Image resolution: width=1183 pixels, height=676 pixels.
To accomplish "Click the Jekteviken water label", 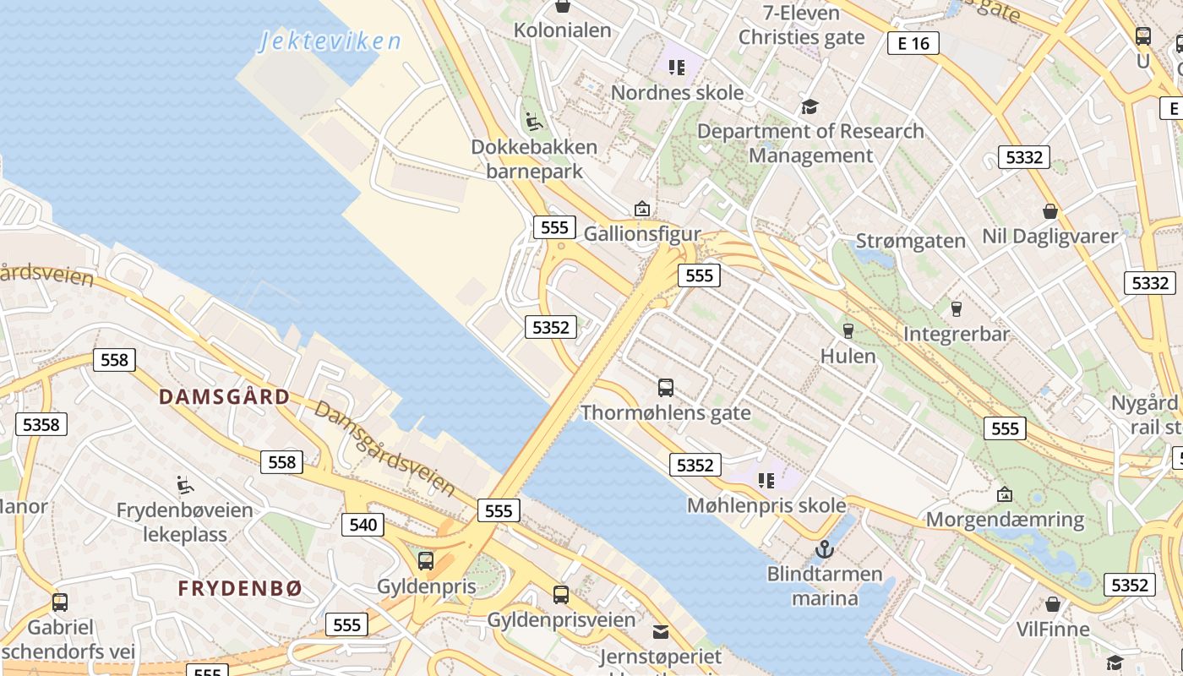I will click(330, 40).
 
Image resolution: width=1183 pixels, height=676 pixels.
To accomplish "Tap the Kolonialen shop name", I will click(562, 30).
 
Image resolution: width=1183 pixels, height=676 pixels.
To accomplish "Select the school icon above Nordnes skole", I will click(676, 67).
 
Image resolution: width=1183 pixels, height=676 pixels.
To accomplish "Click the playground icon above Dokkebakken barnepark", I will click(534, 123).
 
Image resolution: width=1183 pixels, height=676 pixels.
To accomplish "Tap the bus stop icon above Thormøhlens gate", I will click(666, 388).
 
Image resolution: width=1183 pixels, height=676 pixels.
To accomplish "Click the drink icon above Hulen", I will click(848, 330).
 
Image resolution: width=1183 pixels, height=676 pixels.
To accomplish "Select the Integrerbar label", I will click(957, 334).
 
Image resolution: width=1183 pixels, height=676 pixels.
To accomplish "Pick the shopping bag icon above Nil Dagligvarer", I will click(1050, 210).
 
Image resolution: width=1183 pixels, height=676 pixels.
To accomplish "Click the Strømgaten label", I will click(910, 241).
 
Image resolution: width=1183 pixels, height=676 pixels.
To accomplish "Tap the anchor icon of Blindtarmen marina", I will click(824, 550).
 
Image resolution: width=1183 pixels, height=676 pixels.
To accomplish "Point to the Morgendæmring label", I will click(1005, 519).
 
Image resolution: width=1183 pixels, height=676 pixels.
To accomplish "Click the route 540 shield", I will click(363, 525).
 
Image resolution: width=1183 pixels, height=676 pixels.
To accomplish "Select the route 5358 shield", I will click(41, 424).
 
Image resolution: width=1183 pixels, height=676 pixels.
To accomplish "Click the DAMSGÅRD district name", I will click(224, 397).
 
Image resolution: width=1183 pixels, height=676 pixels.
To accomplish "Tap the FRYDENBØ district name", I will click(239, 589).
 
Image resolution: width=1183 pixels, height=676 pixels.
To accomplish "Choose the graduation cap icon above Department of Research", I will click(810, 106).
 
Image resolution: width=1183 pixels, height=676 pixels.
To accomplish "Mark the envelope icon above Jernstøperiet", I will click(661, 631).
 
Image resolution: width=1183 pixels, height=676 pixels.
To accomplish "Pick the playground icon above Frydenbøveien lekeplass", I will click(185, 485).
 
